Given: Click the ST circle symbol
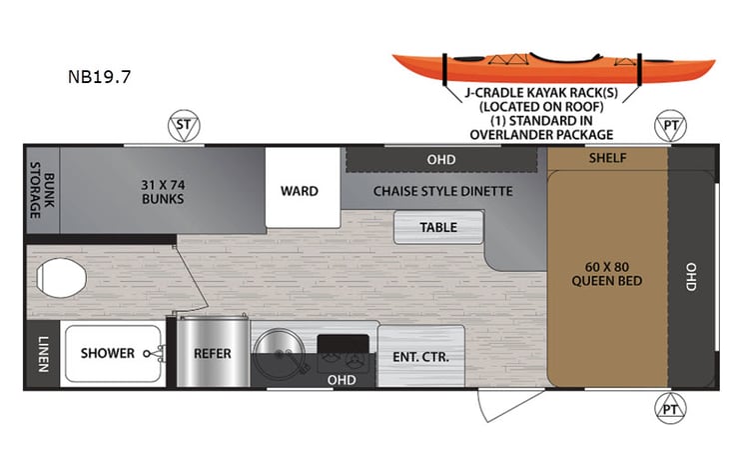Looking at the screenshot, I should pyautogui.click(x=182, y=126).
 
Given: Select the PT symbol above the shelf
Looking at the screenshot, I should pyautogui.click(x=669, y=126).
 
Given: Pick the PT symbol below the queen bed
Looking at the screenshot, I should pyautogui.click(x=669, y=408).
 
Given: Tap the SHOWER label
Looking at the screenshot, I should pyautogui.click(x=107, y=353).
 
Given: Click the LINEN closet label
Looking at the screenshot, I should pyautogui.click(x=42, y=353).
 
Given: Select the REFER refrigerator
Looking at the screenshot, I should pyautogui.click(x=213, y=353).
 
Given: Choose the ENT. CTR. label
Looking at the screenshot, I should pyautogui.click(x=421, y=356).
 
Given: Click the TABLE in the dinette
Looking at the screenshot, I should pyautogui.click(x=437, y=227).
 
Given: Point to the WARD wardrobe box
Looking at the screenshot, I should pyautogui.click(x=299, y=190).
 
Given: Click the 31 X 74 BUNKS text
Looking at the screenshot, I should pyautogui.click(x=161, y=190).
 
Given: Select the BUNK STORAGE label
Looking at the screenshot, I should pyautogui.click(x=40, y=190).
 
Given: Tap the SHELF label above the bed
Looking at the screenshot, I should pyautogui.click(x=606, y=158).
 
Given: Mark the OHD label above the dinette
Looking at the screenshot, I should pyautogui.click(x=440, y=159).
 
